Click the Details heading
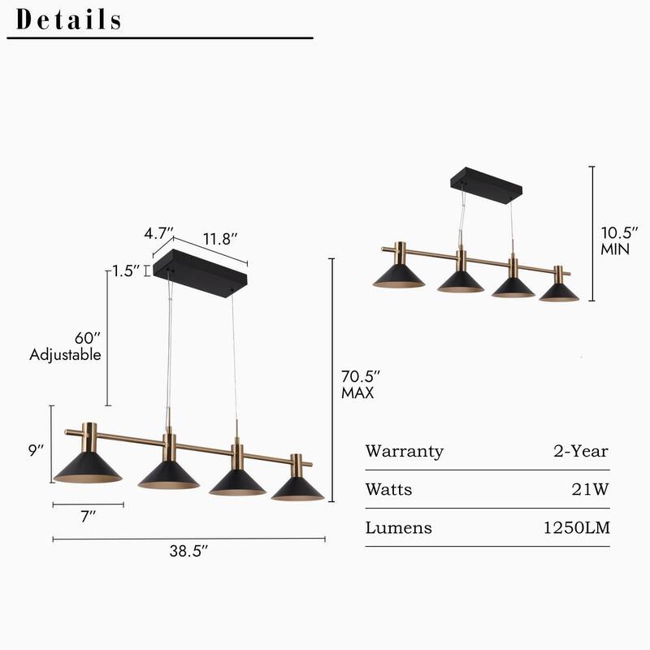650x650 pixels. [x=69, y=19]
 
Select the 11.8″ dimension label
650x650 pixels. [x=219, y=239]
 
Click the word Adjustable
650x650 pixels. [x=65, y=354]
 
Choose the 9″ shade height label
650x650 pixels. [x=35, y=450]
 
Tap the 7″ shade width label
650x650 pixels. [x=89, y=518]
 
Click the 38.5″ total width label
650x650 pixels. [x=188, y=550]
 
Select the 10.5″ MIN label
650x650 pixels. [x=615, y=240]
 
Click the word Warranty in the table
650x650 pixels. [x=405, y=451]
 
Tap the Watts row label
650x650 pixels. [x=388, y=489]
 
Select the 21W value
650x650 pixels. [x=591, y=489]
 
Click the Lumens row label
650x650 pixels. [x=398, y=528]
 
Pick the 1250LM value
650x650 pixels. [x=577, y=528]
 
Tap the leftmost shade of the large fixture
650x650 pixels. [x=87, y=467]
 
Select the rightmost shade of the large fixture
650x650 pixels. [x=297, y=487]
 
